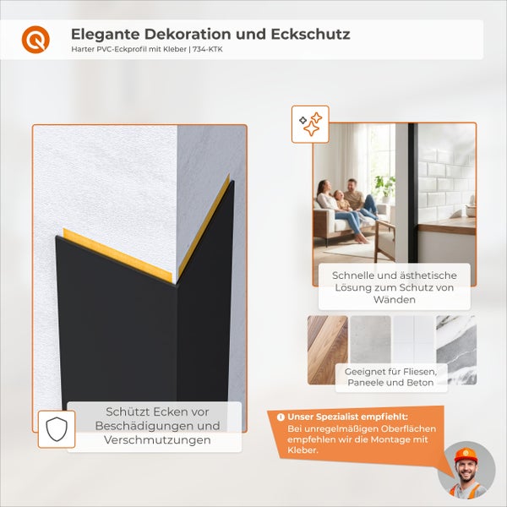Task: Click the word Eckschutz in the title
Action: coord(308,35)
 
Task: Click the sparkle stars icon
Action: coord(310,124)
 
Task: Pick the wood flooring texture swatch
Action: coord(327,350)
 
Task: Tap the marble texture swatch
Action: coord(456,350)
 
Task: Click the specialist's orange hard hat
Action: coord(466,455)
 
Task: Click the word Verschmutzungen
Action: coord(156,441)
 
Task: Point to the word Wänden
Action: coord(395,299)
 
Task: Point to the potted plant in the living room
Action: coord(385,185)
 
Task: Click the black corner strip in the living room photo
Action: coord(412,194)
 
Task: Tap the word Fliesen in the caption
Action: coord(417,372)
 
